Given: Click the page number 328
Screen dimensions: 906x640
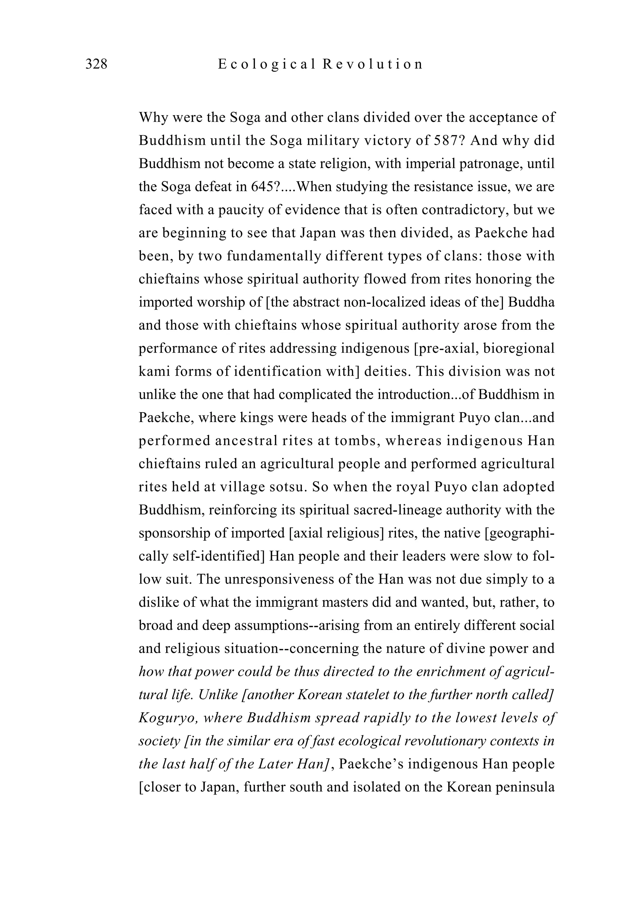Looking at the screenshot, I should [x=96, y=64].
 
